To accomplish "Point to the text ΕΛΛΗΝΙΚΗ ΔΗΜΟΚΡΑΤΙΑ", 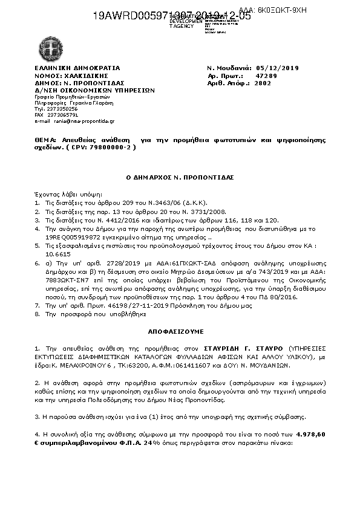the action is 77,68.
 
